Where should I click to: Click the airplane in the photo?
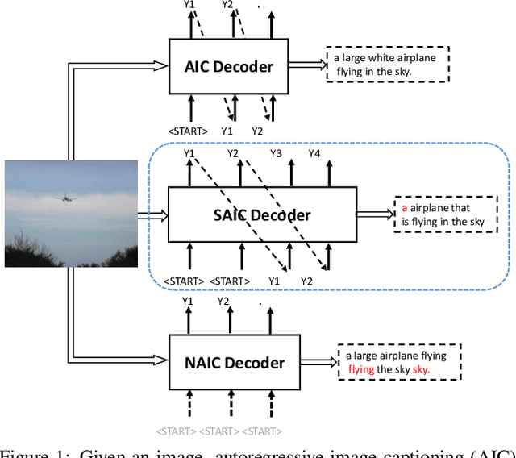tap(62, 197)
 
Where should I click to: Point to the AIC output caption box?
tap(388, 65)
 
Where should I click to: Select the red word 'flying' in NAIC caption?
tap(361, 369)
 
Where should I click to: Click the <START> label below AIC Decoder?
tap(188, 131)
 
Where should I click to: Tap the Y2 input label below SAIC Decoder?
tap(306, 281)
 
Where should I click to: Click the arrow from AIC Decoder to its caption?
tap(306, 65)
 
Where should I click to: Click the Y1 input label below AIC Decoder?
tap(227, 131)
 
